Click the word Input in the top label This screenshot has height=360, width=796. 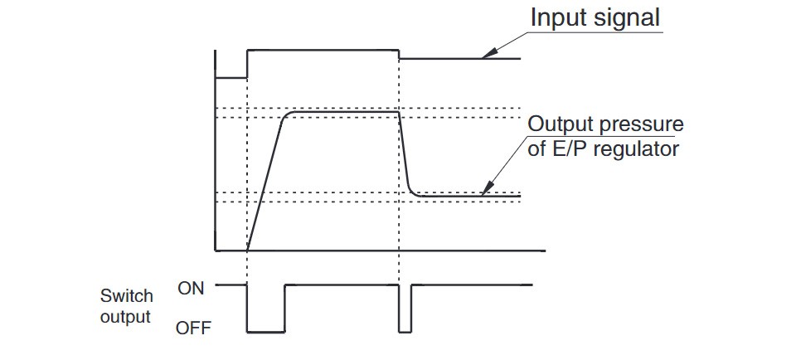point(559,17)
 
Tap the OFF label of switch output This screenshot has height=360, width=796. point(193,328)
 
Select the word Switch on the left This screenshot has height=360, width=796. point(127,296)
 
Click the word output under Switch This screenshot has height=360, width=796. point(127,316)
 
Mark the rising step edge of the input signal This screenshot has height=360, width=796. point(248,64)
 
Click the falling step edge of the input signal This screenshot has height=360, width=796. point(400,54)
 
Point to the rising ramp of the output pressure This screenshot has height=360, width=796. point(265,182)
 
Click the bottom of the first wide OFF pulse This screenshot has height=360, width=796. point(266,332)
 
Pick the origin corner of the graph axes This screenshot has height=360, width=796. point(216,250)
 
